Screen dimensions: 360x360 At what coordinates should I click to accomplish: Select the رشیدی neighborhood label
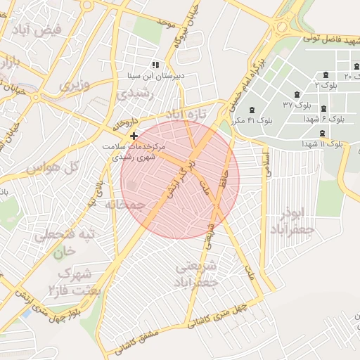pos(134,94)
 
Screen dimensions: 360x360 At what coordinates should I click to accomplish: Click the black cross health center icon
pos(134,135)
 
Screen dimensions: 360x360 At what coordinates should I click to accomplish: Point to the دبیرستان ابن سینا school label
pos(160,75)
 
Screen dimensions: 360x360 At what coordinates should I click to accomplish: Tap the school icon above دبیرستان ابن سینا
pos(155,65)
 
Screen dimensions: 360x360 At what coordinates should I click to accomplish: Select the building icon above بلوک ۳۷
pos(296,94)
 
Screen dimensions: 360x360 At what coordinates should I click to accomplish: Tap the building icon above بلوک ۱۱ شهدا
pos(322,134)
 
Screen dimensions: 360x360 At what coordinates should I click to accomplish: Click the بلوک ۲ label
pos(326,84)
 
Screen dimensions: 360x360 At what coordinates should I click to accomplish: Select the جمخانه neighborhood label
pos(124,205)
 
